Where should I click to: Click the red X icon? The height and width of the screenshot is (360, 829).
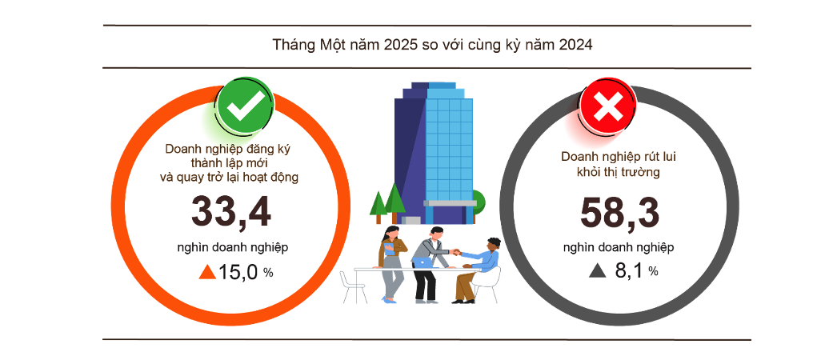[608, 106]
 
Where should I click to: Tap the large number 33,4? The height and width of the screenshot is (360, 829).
[231, 212]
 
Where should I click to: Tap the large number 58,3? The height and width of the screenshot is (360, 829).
[620, 212]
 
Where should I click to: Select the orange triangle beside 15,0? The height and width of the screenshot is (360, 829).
[206, 272]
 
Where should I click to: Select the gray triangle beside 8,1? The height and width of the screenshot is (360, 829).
[597, 271]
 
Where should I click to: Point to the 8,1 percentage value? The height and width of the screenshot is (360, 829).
[629, 271]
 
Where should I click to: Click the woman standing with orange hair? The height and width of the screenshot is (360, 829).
[391, 260]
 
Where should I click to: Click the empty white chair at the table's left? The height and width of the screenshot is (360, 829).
[352, 286]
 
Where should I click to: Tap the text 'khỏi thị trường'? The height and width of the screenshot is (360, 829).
[618, 171]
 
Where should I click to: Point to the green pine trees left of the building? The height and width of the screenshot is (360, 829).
[386, 202]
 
